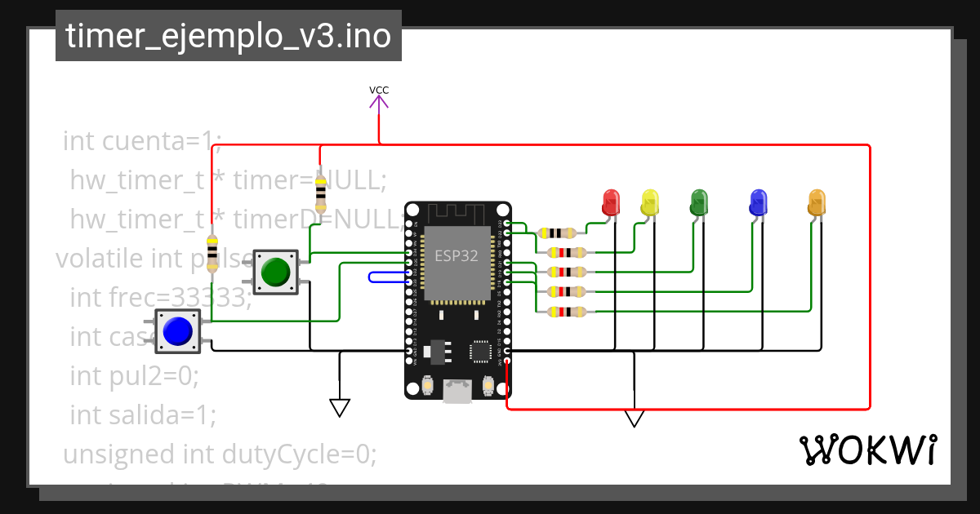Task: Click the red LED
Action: click(x=610, y=202)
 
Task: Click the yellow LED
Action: click(x=650, y=202)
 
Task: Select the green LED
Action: click(x=699, y=202)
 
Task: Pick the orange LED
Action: click(x=817, y=202)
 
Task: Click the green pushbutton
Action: click(x=275, y=271)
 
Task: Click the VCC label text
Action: click(x=378, y=90)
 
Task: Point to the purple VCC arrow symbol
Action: click(x=378, y=103)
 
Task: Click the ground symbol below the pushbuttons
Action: click(x=340, y=406)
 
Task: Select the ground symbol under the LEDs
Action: click(x=634, y=418)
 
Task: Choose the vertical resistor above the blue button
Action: click(x=212, y=253)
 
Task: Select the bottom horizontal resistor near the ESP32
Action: click(x=565, y=311)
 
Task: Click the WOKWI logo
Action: click(x=867, y=450)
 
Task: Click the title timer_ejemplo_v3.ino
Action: click(x=228, y=37)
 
